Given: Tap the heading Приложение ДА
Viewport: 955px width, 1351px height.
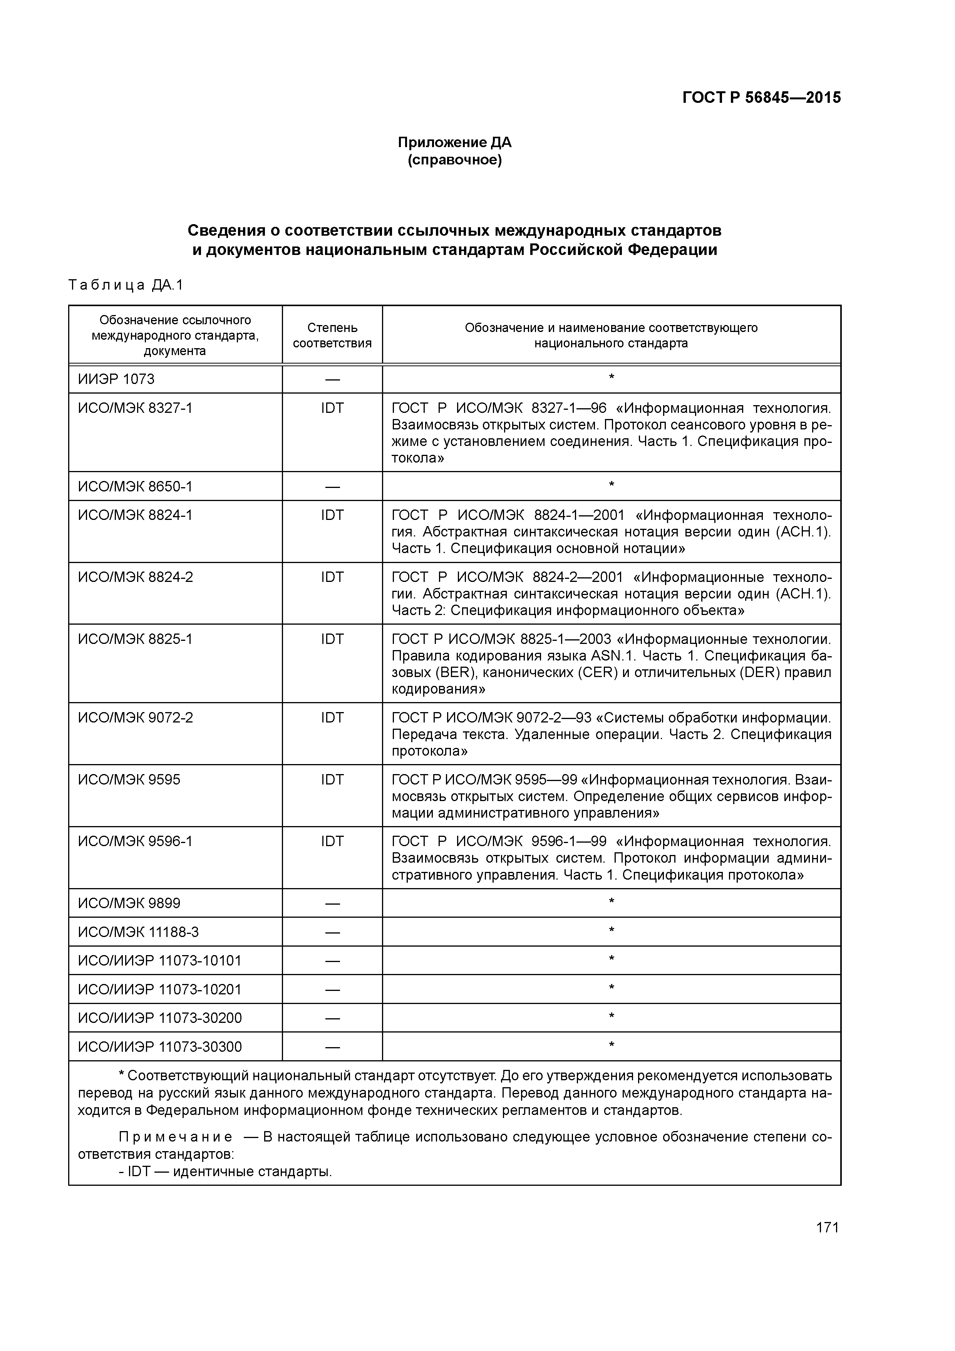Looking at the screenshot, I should pos(454,142).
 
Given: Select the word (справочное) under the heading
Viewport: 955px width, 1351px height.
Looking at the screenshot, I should pos(454,160).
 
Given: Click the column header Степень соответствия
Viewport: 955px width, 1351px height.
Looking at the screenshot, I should pos(332,335).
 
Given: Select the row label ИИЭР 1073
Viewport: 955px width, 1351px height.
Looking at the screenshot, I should pos(116,379).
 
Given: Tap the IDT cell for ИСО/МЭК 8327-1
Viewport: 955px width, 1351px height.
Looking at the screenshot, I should pos(332,408).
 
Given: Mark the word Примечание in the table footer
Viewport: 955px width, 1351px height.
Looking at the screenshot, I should pos(175,1137).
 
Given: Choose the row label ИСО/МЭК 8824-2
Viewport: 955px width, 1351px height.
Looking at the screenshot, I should pos(135,577).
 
